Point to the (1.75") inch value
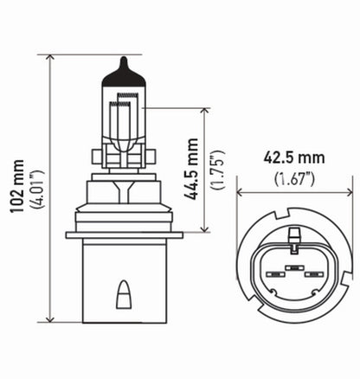219,168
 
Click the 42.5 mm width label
294,159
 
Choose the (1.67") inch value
294,178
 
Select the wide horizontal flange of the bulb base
124,234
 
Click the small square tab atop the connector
295,232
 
